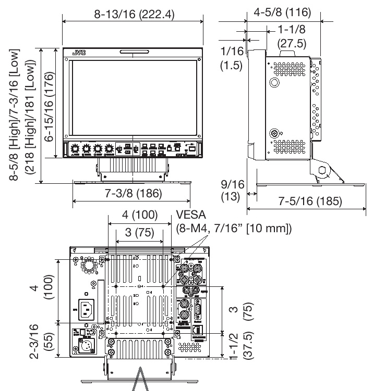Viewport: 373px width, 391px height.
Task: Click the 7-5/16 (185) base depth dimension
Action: click(309, 201)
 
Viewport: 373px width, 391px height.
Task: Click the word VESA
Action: click(190, 215)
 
